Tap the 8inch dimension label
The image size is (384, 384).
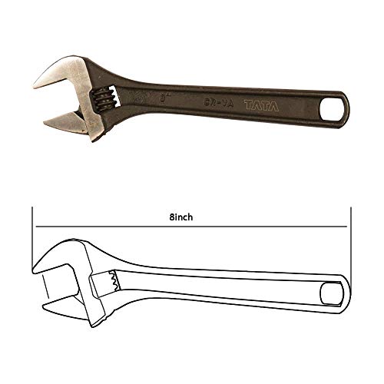[x=182, y=217]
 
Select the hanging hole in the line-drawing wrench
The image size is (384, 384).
[x=329, y=293]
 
